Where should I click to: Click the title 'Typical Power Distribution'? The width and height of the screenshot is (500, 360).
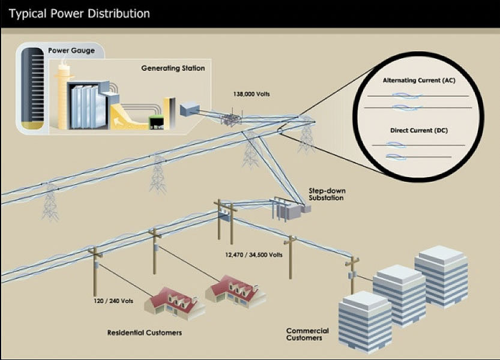pos(79,13)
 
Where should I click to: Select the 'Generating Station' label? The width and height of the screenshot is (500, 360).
pos(173,68)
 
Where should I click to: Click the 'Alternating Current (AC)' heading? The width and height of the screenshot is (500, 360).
pos(419,80)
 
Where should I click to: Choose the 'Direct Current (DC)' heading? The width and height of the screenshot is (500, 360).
pos(419,130)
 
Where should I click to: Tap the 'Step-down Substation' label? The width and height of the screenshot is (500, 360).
pos(327,194)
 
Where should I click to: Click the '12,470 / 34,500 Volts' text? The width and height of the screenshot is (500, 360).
pos(253,255)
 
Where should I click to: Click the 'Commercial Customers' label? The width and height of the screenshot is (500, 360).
pos(307,334)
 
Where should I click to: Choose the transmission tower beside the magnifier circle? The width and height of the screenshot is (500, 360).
pos(306,135)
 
